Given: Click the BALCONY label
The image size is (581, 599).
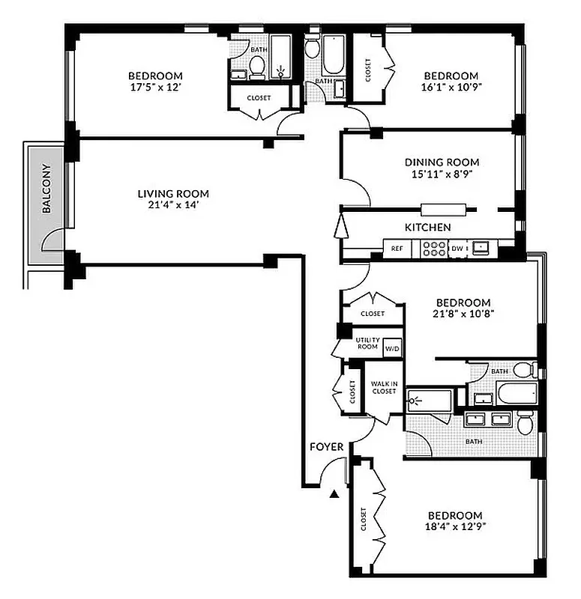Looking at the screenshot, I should (46, 189).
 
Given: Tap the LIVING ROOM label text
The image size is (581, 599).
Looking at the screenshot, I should (173, 193).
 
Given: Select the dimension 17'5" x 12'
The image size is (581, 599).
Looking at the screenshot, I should (155, 87).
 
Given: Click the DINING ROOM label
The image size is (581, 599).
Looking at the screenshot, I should (442, 162).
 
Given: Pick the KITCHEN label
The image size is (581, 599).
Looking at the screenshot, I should (427, 227).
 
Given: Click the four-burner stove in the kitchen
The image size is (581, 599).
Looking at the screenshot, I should (433, 248).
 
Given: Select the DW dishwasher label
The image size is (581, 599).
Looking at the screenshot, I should (457, 248).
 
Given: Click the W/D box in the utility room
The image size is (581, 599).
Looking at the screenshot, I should (393, 348).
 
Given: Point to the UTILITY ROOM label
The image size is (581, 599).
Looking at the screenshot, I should (367, 344).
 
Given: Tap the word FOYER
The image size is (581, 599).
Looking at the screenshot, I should (326, 447).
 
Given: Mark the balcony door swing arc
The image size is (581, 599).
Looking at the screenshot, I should (52, 240).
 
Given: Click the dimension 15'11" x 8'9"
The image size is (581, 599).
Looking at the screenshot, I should (442, 174).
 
